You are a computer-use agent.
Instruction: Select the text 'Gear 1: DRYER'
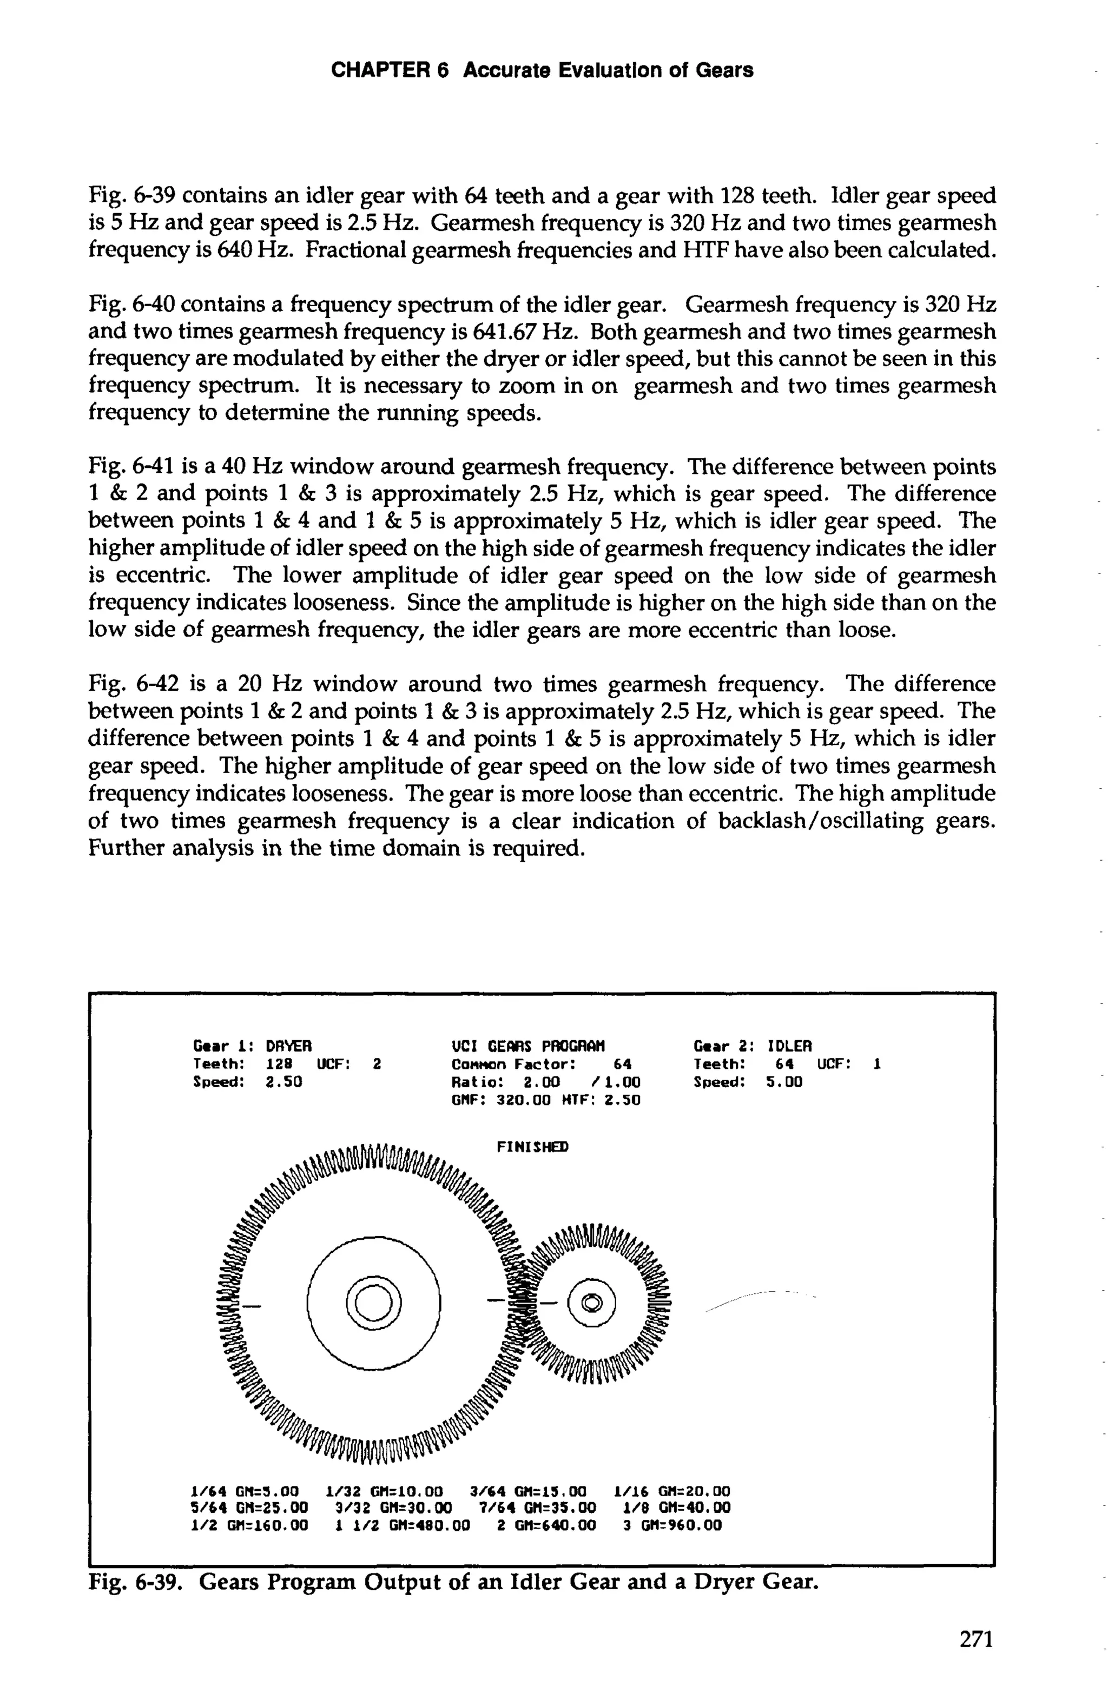point(253,1046)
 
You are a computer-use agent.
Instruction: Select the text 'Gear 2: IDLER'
point(753,1046)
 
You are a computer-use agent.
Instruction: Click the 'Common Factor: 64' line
point(541,1064)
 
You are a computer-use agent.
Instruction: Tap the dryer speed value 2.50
point(283,1082)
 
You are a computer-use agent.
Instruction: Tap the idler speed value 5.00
point(784,1082)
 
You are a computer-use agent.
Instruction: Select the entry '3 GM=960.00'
point(672,1525)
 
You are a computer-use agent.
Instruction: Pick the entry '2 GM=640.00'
point(546,1525)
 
